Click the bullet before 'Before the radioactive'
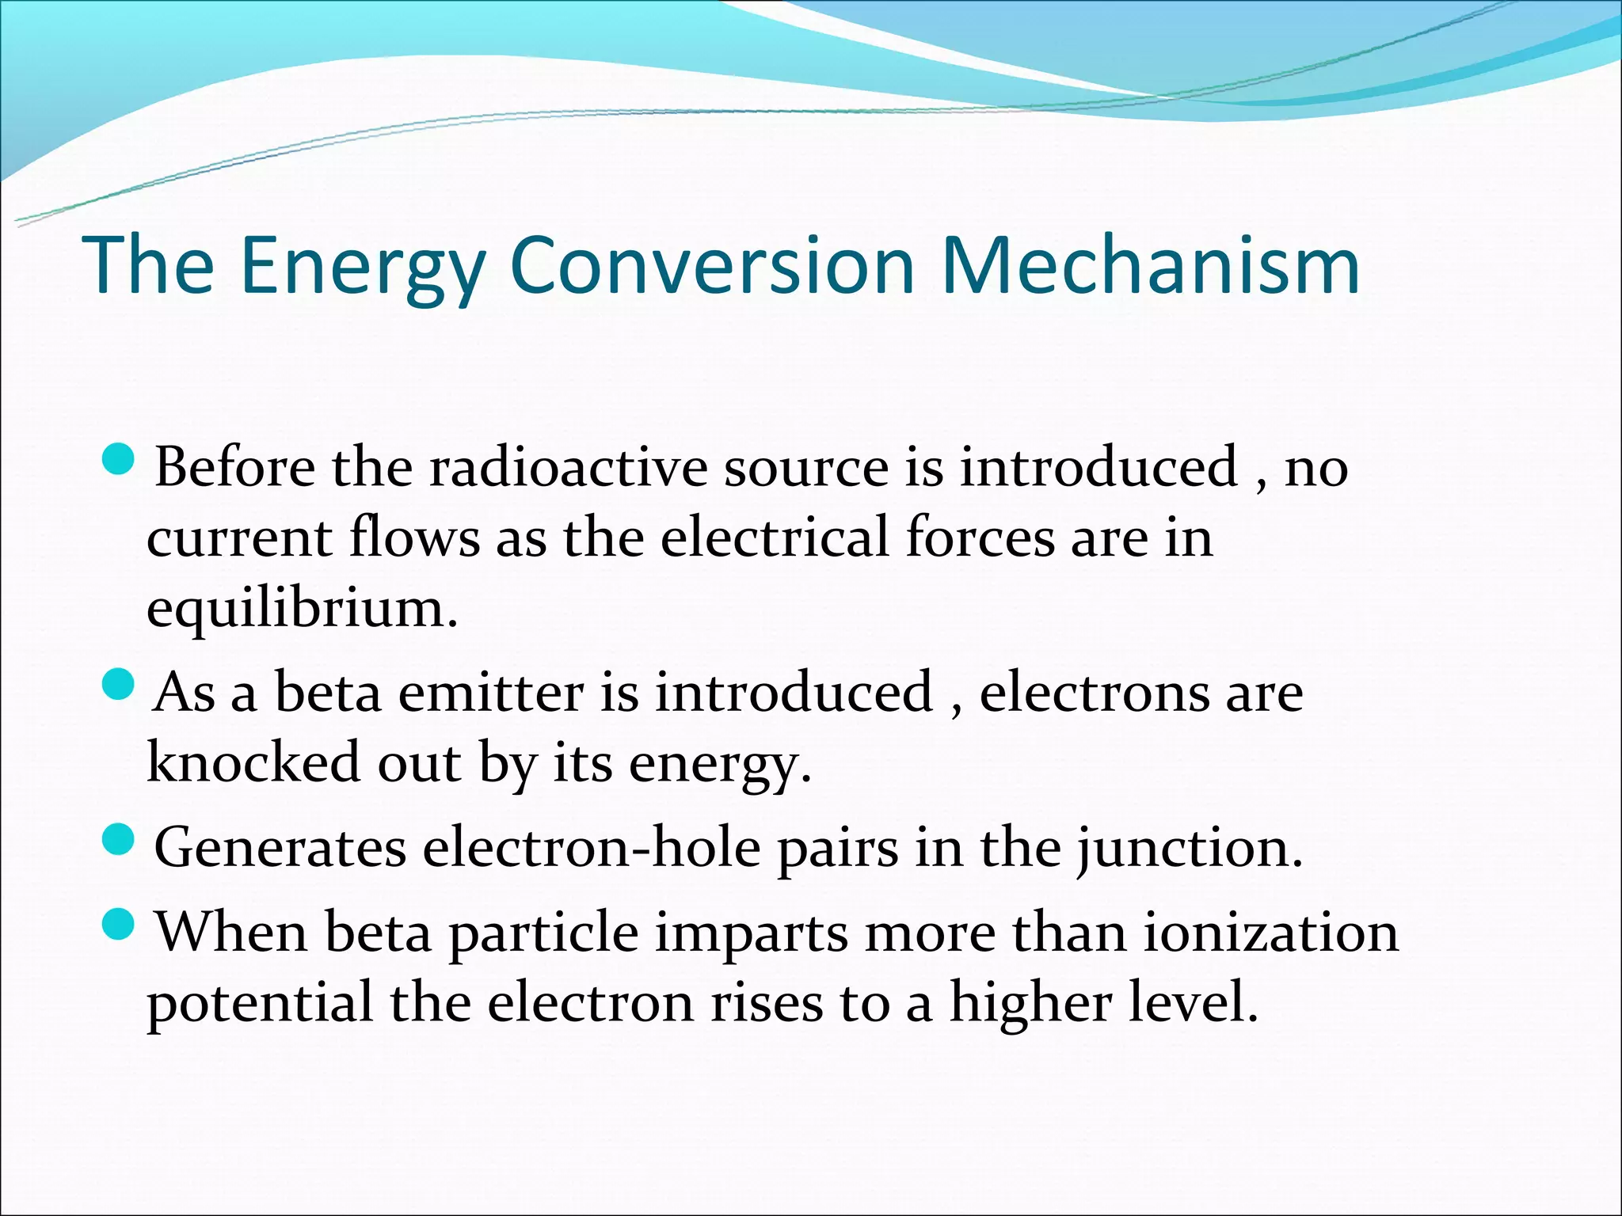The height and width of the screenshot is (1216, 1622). point(120,459)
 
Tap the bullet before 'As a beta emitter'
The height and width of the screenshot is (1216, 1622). point(120,685)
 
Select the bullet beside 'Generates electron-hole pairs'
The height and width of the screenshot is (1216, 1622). point(120,840)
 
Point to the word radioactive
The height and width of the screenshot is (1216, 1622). point(568,467)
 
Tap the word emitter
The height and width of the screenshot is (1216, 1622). point(490,693)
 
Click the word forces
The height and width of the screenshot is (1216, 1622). point(980,538)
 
